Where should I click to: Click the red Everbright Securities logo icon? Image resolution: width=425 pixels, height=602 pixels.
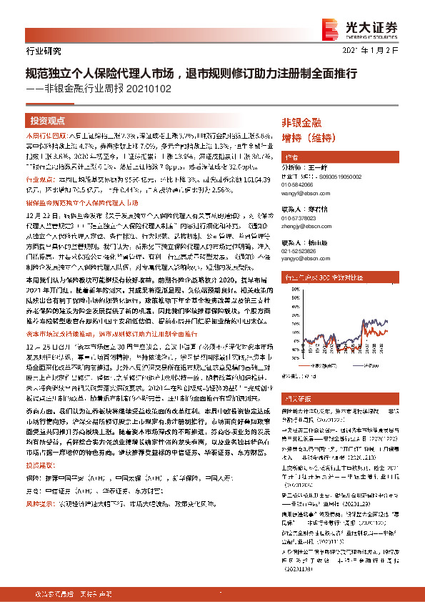[330, 28]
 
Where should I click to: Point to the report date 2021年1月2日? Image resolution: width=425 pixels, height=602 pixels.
[386, 51]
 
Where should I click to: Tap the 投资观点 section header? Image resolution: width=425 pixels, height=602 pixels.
[47, 122]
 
